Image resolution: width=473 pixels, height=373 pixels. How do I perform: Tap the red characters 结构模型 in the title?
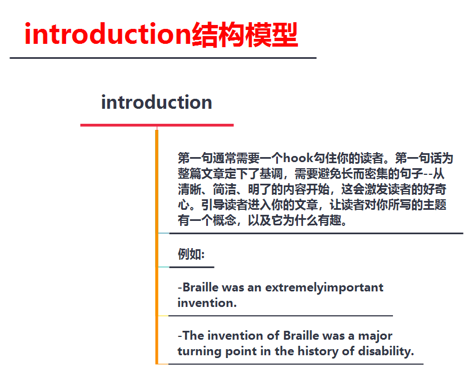[x=245, y=34]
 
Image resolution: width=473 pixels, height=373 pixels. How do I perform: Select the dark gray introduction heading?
[x=156, y=102]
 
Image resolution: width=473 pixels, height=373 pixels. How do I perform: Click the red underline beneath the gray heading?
[x=157, y=125]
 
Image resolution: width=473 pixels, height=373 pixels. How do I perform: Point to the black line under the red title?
[x=163, y=57]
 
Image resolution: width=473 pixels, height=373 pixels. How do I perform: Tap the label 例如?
[x=191, y=254]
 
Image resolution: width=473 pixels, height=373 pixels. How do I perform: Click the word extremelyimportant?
[x=324, y=288]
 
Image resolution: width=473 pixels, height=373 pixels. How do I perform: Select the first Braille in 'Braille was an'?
[x=201, y=288]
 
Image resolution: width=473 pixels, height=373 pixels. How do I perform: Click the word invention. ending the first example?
[x=207, y=303]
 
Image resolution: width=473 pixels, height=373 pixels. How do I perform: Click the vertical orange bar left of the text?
[x=157, y=244]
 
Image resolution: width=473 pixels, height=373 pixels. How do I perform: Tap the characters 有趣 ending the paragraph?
[x=334, y=220]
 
